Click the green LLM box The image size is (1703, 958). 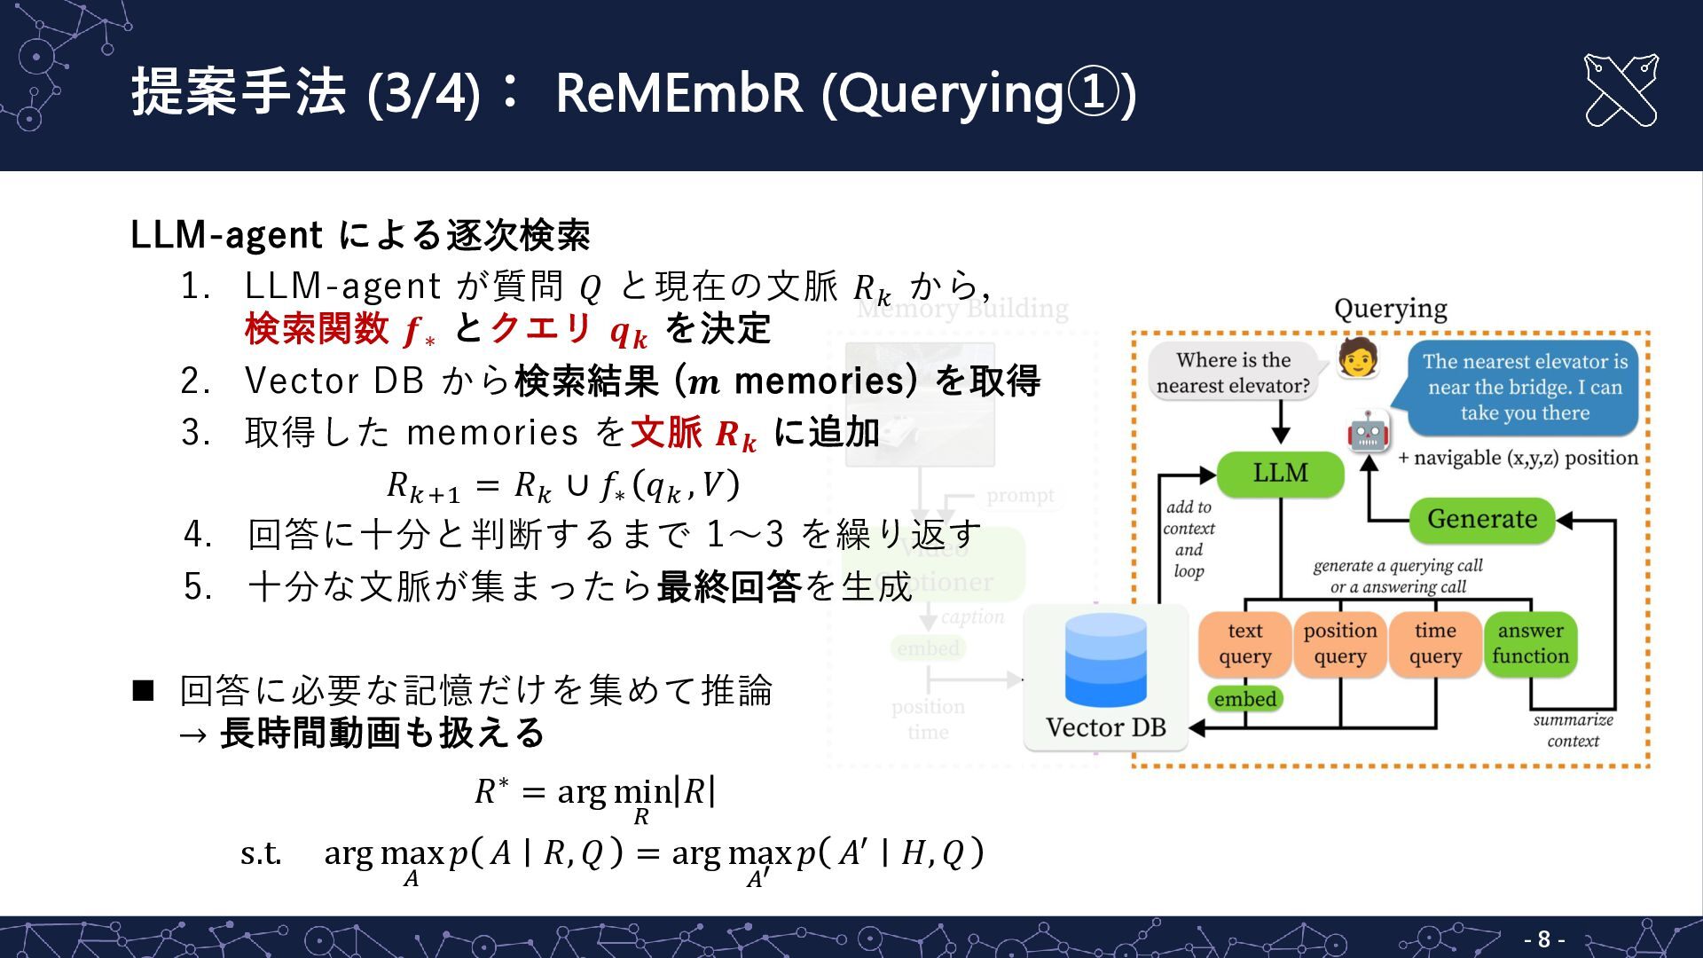pos(1280,473)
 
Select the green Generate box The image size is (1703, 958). pos(1481,519)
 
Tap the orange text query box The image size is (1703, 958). pos(1244,644)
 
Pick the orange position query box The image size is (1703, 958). pos(1339,644)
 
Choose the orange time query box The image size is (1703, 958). pos(1435,644)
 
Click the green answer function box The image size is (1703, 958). pos(1530,644)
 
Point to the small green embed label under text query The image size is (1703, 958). pos(1244,699)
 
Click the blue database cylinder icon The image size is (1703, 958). pos(1105,661)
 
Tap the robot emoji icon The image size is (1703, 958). pos(1368,432)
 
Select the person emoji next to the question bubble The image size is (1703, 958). pos(1358,357)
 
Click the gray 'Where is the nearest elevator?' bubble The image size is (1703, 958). pos(1233,373)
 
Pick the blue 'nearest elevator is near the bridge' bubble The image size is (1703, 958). pos(1524,388)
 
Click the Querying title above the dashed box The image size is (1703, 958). pos(1390,309)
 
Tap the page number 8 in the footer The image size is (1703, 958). pos(1544,939)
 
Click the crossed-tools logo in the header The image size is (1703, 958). pos(1621,90)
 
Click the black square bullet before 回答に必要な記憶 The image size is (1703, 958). pos(143,690)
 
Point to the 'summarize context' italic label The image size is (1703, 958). pos(1573,730)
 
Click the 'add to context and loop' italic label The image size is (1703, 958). pos(1189,538)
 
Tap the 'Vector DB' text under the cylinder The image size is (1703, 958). pos(1105,727)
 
